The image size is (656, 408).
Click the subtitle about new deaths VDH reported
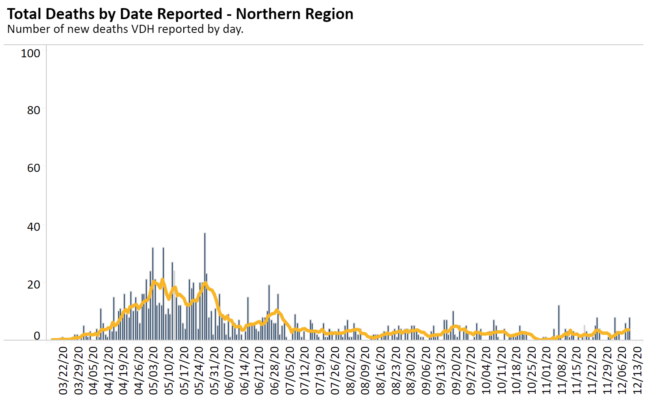[x=125, y=29]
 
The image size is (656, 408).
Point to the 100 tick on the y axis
[x=30, y=53]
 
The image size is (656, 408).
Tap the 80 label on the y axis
[x=33, y=110]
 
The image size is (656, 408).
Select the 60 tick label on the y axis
[x=33, y=168]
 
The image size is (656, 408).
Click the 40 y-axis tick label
[x=33, y=226]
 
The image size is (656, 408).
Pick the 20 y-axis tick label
[x=33, y=284]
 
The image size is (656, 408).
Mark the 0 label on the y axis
[x=37, y=336]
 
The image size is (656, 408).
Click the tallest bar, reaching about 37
[x=205, y=284]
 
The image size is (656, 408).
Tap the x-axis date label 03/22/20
[x=64, y=370]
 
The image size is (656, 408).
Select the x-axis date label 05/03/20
[x=154, y=370]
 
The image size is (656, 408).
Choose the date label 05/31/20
[x=215, y=370]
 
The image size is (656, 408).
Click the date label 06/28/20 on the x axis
[x=275, y=370]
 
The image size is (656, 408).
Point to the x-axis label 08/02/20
[x=350, y=370]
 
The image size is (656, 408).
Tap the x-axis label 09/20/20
[x=456, y=370]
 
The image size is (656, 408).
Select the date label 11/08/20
[x=562, y=370]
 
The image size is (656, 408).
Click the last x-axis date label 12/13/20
[x=637, y=370]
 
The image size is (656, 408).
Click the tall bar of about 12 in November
[x=559, y=323]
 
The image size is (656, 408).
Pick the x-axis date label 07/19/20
[x=320, y=370]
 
